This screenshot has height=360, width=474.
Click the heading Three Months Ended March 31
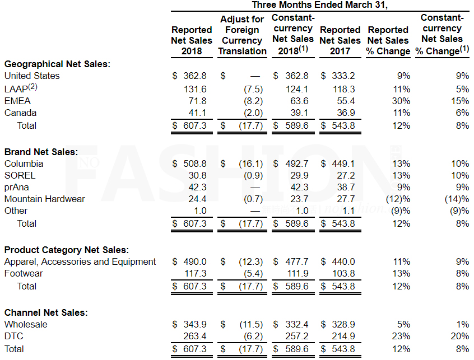320,5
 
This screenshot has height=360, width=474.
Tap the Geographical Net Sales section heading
57,64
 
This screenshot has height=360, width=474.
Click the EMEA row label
17,101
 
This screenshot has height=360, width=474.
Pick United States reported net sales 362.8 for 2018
195,76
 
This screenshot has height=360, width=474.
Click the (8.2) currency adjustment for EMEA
252,101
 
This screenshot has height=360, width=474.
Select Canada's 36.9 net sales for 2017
345,113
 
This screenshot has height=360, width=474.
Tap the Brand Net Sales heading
41,151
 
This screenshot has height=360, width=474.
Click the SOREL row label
20,175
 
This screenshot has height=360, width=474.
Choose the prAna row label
17,187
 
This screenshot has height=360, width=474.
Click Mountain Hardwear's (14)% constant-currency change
456,199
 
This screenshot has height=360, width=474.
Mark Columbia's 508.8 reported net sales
195,163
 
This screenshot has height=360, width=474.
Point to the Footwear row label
24,274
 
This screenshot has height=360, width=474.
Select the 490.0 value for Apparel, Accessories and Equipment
195,261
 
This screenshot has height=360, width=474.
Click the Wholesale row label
26,324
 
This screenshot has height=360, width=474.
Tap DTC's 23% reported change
402,336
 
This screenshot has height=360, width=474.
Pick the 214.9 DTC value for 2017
345,336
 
